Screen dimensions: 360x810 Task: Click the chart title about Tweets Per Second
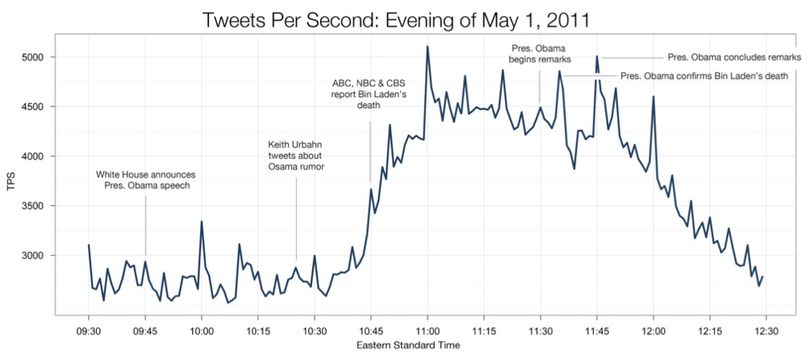tap(405, 18)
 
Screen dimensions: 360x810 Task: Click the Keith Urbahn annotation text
tap(295, 156)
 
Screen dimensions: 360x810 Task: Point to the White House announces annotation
tap(145, 180)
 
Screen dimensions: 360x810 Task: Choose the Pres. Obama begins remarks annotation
tap(540, 53)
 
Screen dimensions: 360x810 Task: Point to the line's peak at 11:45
tap(597, 57)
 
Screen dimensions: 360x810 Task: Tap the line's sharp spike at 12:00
tap(653, 97)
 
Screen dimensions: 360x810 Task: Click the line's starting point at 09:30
tap(89, 245)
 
